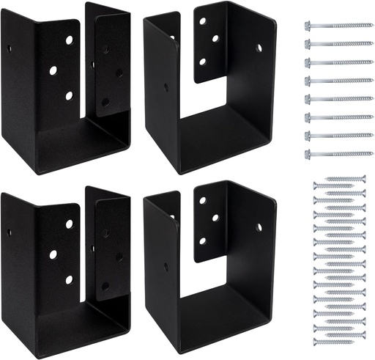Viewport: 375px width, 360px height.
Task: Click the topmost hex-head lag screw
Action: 337,25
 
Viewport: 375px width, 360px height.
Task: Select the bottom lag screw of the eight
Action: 337,153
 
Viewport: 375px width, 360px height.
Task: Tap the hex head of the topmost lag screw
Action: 308,25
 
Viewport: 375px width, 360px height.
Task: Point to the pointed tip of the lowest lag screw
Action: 371,153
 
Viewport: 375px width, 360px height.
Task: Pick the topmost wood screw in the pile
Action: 339,179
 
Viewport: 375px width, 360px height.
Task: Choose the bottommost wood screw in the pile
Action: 339,338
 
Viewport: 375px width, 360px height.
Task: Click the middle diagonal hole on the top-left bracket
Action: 53,72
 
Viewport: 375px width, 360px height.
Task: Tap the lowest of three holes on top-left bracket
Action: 69,95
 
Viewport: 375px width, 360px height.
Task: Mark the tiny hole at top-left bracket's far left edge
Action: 10,51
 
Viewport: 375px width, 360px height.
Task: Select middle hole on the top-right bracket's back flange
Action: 216,37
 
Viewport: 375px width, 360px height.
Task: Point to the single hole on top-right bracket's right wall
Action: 259,48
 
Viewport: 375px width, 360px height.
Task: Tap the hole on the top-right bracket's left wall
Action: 166,87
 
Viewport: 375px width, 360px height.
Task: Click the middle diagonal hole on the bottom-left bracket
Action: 53,254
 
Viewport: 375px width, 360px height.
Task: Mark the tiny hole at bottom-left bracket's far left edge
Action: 10,233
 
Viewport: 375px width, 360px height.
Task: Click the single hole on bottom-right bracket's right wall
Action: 259,227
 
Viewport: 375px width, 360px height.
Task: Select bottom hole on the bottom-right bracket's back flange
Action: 203,240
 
